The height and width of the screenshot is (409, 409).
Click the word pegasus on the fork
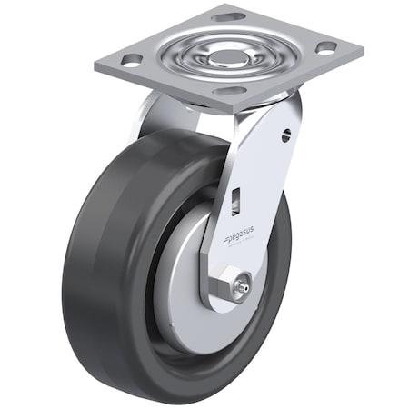point(242,237)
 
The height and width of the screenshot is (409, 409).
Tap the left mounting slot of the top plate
point(131,61)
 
